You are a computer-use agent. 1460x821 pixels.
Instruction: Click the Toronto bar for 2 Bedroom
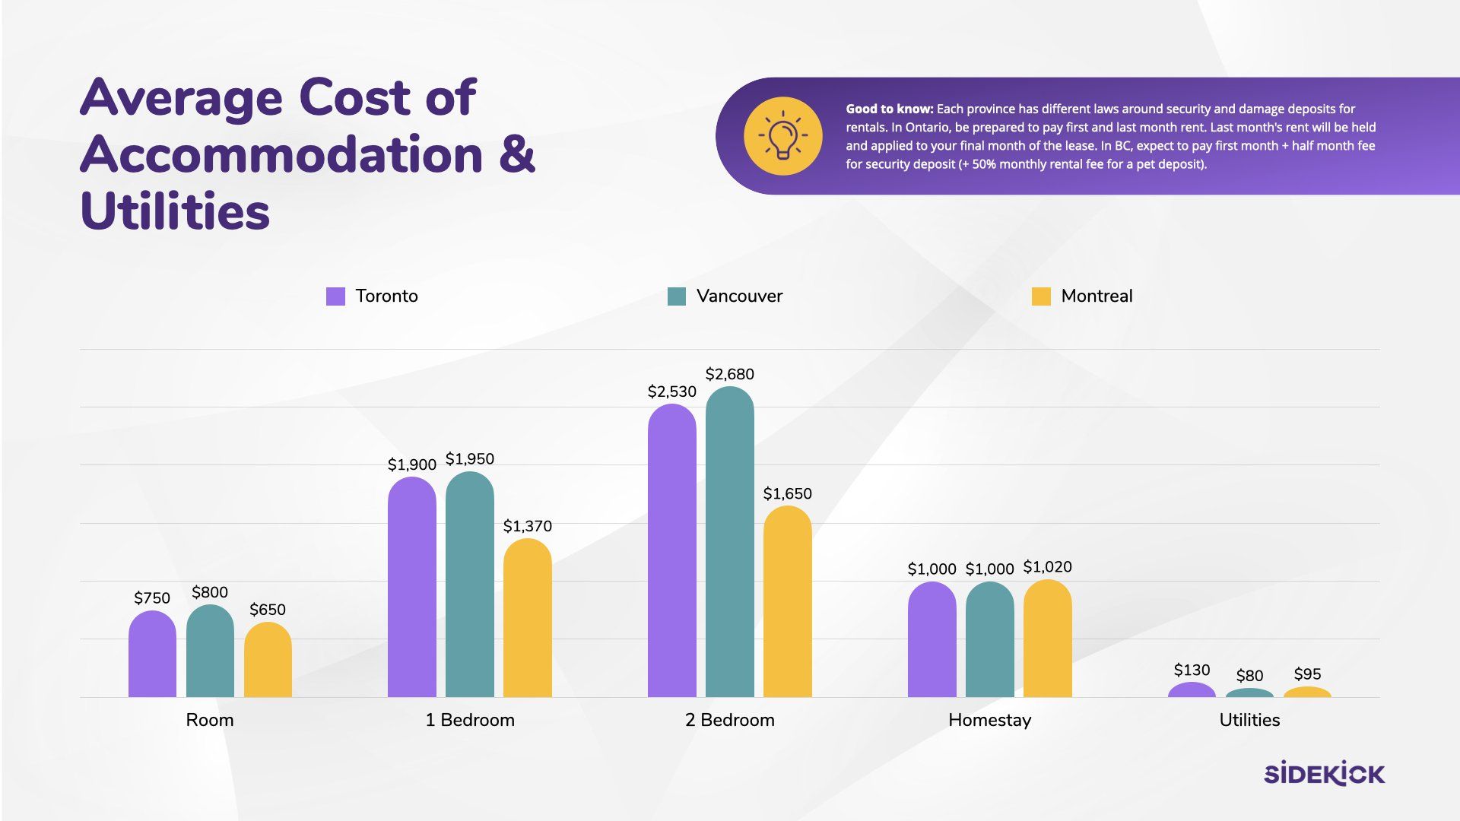671,551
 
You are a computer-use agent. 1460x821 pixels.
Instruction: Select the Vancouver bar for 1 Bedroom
469,585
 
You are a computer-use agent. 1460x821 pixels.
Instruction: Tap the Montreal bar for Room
268,660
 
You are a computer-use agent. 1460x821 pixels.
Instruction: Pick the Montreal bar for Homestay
1047,639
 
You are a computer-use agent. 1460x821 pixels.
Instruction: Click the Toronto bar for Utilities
1192,690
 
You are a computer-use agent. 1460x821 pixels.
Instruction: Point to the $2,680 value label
729,374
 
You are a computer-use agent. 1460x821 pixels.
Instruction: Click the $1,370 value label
527,526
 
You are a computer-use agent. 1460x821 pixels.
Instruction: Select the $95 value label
1307,674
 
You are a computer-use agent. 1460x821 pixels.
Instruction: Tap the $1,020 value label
1047,567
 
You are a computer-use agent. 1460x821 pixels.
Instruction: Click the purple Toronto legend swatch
335,296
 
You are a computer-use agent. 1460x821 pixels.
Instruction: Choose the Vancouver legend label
739,296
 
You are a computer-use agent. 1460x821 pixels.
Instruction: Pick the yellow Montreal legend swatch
1041,296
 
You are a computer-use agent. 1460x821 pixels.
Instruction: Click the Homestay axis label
989,720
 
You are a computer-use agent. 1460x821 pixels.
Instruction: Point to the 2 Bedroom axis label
729,720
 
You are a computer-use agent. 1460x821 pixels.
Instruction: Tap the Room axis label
210,720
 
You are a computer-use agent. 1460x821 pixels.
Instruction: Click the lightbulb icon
782,136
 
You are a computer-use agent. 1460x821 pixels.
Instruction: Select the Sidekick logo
1324,773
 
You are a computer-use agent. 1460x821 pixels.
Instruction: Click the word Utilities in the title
175,211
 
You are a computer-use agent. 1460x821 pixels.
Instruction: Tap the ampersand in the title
517,155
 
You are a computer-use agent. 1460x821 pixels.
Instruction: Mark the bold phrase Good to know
889,109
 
